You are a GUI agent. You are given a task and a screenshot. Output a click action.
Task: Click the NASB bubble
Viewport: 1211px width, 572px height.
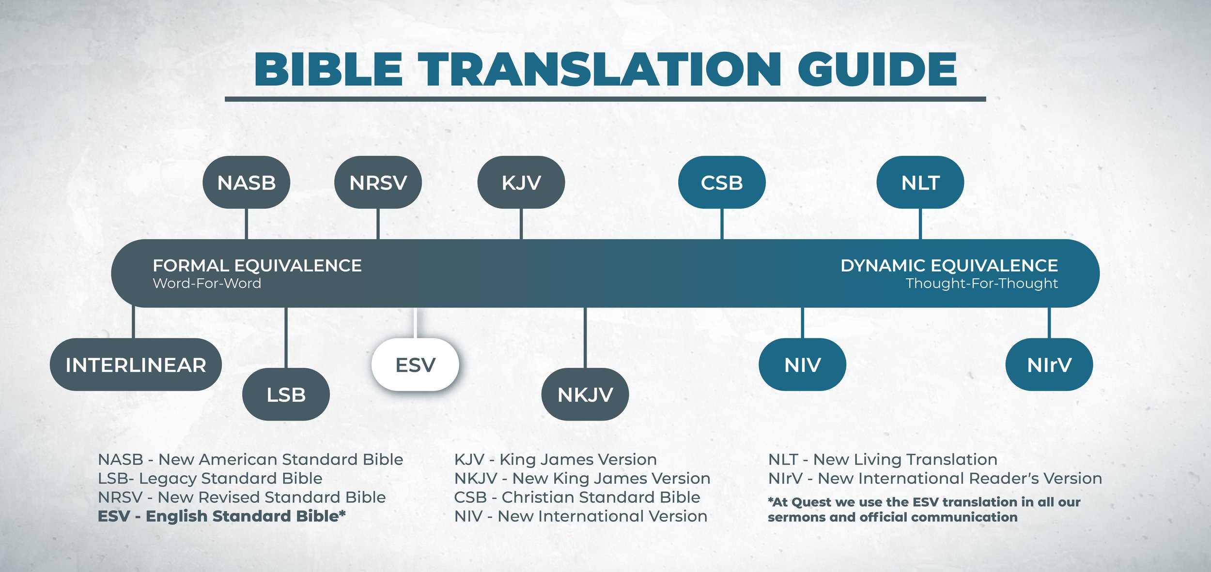pyautogui.click(x=246, y=182)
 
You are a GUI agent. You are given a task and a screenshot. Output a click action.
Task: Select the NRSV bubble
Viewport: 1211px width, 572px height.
pyautogui.click(x=378, y=182)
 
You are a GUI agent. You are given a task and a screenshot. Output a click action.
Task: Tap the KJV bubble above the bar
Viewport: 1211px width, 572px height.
pyautogui.click(x=521, y=182)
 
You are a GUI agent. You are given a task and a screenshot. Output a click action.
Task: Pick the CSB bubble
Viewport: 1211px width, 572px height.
pyautogui.click(x=722, y=182)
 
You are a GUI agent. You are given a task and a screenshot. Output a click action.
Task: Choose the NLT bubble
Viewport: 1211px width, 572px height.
pyautogui.click(x=920, y=182)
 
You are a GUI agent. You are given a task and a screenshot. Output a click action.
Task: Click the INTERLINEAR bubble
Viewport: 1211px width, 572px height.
pyautogui.click(x=136, y=365)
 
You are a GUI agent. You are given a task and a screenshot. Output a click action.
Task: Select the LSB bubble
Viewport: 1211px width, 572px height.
pyautogui.click(x=286, y=394)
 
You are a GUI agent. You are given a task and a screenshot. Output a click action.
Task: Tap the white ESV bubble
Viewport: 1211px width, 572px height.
pyautogui.click(x=415, y=365)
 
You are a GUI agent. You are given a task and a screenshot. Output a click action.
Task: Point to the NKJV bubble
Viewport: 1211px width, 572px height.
pyautogui.click(x=585, y=394)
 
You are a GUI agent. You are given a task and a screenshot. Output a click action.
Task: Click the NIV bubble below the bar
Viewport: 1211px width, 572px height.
pyautogui.click(x=802, y=365)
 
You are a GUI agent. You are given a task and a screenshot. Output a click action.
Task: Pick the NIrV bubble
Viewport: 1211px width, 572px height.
pyautogui.click(x=1049, y=365)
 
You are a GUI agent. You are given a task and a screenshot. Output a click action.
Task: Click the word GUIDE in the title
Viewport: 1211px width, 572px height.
pyautogui.click(x=877, y=69)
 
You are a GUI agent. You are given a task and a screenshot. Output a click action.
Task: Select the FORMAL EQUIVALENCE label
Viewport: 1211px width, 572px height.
pyautogui.click(x=257, y=266)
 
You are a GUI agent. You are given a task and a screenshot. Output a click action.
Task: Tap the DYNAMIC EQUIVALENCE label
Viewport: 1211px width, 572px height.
pyautogui.click(x=949, y=266)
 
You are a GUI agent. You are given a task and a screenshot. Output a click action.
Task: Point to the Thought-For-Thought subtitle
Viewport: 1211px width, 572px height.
pyautogui.click(x=981, y=284)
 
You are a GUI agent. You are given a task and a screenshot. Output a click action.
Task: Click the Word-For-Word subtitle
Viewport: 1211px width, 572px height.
pyautogui.click(x=207, y=284)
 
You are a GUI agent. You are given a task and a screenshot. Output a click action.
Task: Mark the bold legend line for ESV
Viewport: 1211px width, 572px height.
pyautogui.click(x=222, y=516)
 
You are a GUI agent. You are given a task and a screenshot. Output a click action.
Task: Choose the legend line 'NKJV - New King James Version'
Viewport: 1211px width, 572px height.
pyautogui.click(x=582, y=479)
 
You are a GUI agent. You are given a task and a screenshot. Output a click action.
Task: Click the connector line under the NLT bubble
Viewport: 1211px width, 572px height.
pyautogui.click(x=920, y=224)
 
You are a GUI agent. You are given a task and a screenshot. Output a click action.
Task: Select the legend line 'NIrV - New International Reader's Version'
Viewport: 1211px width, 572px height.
pyautogui.click(x=935, y=479)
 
